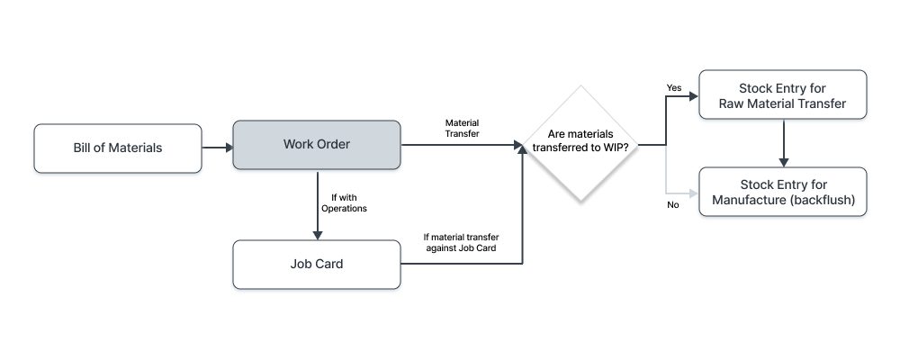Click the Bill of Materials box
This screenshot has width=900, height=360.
(118, 148)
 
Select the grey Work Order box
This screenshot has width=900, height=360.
(316, 144)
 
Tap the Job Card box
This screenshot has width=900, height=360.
(316, 265)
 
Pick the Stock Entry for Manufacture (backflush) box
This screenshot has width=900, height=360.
(783, 192)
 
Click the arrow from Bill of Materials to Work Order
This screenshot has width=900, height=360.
(217, 146)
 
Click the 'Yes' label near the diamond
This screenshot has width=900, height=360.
(673, 87)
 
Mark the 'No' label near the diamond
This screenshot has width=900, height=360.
(672, 204)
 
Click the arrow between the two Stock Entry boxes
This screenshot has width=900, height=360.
(784, 143)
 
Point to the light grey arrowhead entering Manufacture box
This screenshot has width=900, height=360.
(693, 193)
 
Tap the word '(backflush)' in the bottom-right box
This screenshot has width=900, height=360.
(819, 200)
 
